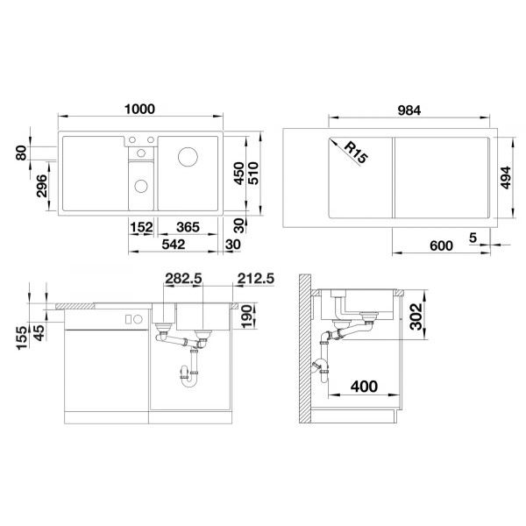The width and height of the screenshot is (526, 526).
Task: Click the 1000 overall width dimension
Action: [x=139, y=110]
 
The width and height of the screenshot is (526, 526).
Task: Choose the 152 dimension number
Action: [x=142, y=227]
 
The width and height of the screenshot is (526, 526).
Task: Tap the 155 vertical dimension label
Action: [x=22, y=337]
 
